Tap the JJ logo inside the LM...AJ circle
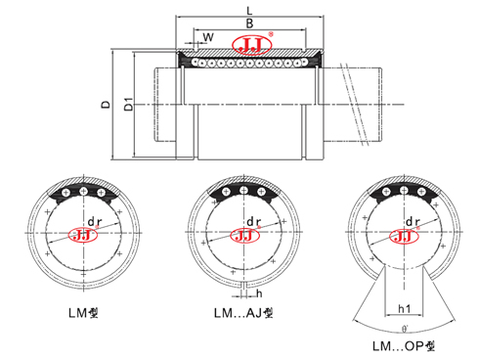coord(240,236)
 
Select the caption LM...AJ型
coord(241,314)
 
